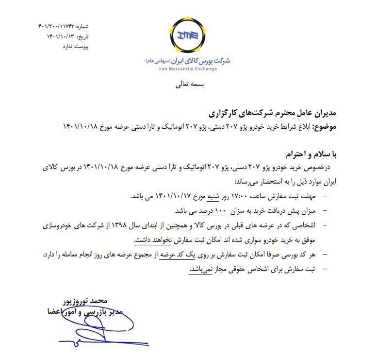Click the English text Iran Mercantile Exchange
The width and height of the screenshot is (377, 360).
click(188, 69)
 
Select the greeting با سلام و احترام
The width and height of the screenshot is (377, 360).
click(308, 154)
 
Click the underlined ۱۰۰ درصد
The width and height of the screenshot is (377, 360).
click(195, 212)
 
